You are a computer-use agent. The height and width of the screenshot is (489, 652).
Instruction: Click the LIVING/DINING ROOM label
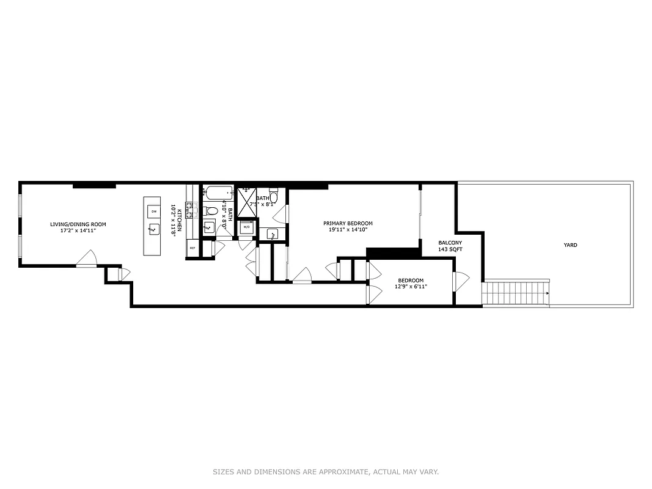[x=78, y=224]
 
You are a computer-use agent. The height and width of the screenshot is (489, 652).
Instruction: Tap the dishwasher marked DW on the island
[x=154, y=211]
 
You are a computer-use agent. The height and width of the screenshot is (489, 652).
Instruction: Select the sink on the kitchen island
[x=153, y=230]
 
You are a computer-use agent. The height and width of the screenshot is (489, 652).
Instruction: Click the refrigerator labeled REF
[x=192, y=248]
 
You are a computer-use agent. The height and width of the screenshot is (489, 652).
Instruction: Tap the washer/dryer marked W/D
[x=247, y=227]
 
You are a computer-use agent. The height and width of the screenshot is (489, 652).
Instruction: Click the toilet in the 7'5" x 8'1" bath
[x=274, y=196]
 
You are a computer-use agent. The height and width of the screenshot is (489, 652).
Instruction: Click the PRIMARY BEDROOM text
[x=348, y=223]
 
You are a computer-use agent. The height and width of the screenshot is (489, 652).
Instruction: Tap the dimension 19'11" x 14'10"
[x=348, y=230]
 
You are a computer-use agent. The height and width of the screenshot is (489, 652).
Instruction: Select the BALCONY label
[x=450, y=243]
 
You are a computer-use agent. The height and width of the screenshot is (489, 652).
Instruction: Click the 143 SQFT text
[x=450, y=250]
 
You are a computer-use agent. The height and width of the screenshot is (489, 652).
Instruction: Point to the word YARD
[x=570, y=245]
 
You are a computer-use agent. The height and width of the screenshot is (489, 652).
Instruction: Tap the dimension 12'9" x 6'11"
[x=411, y=287]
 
